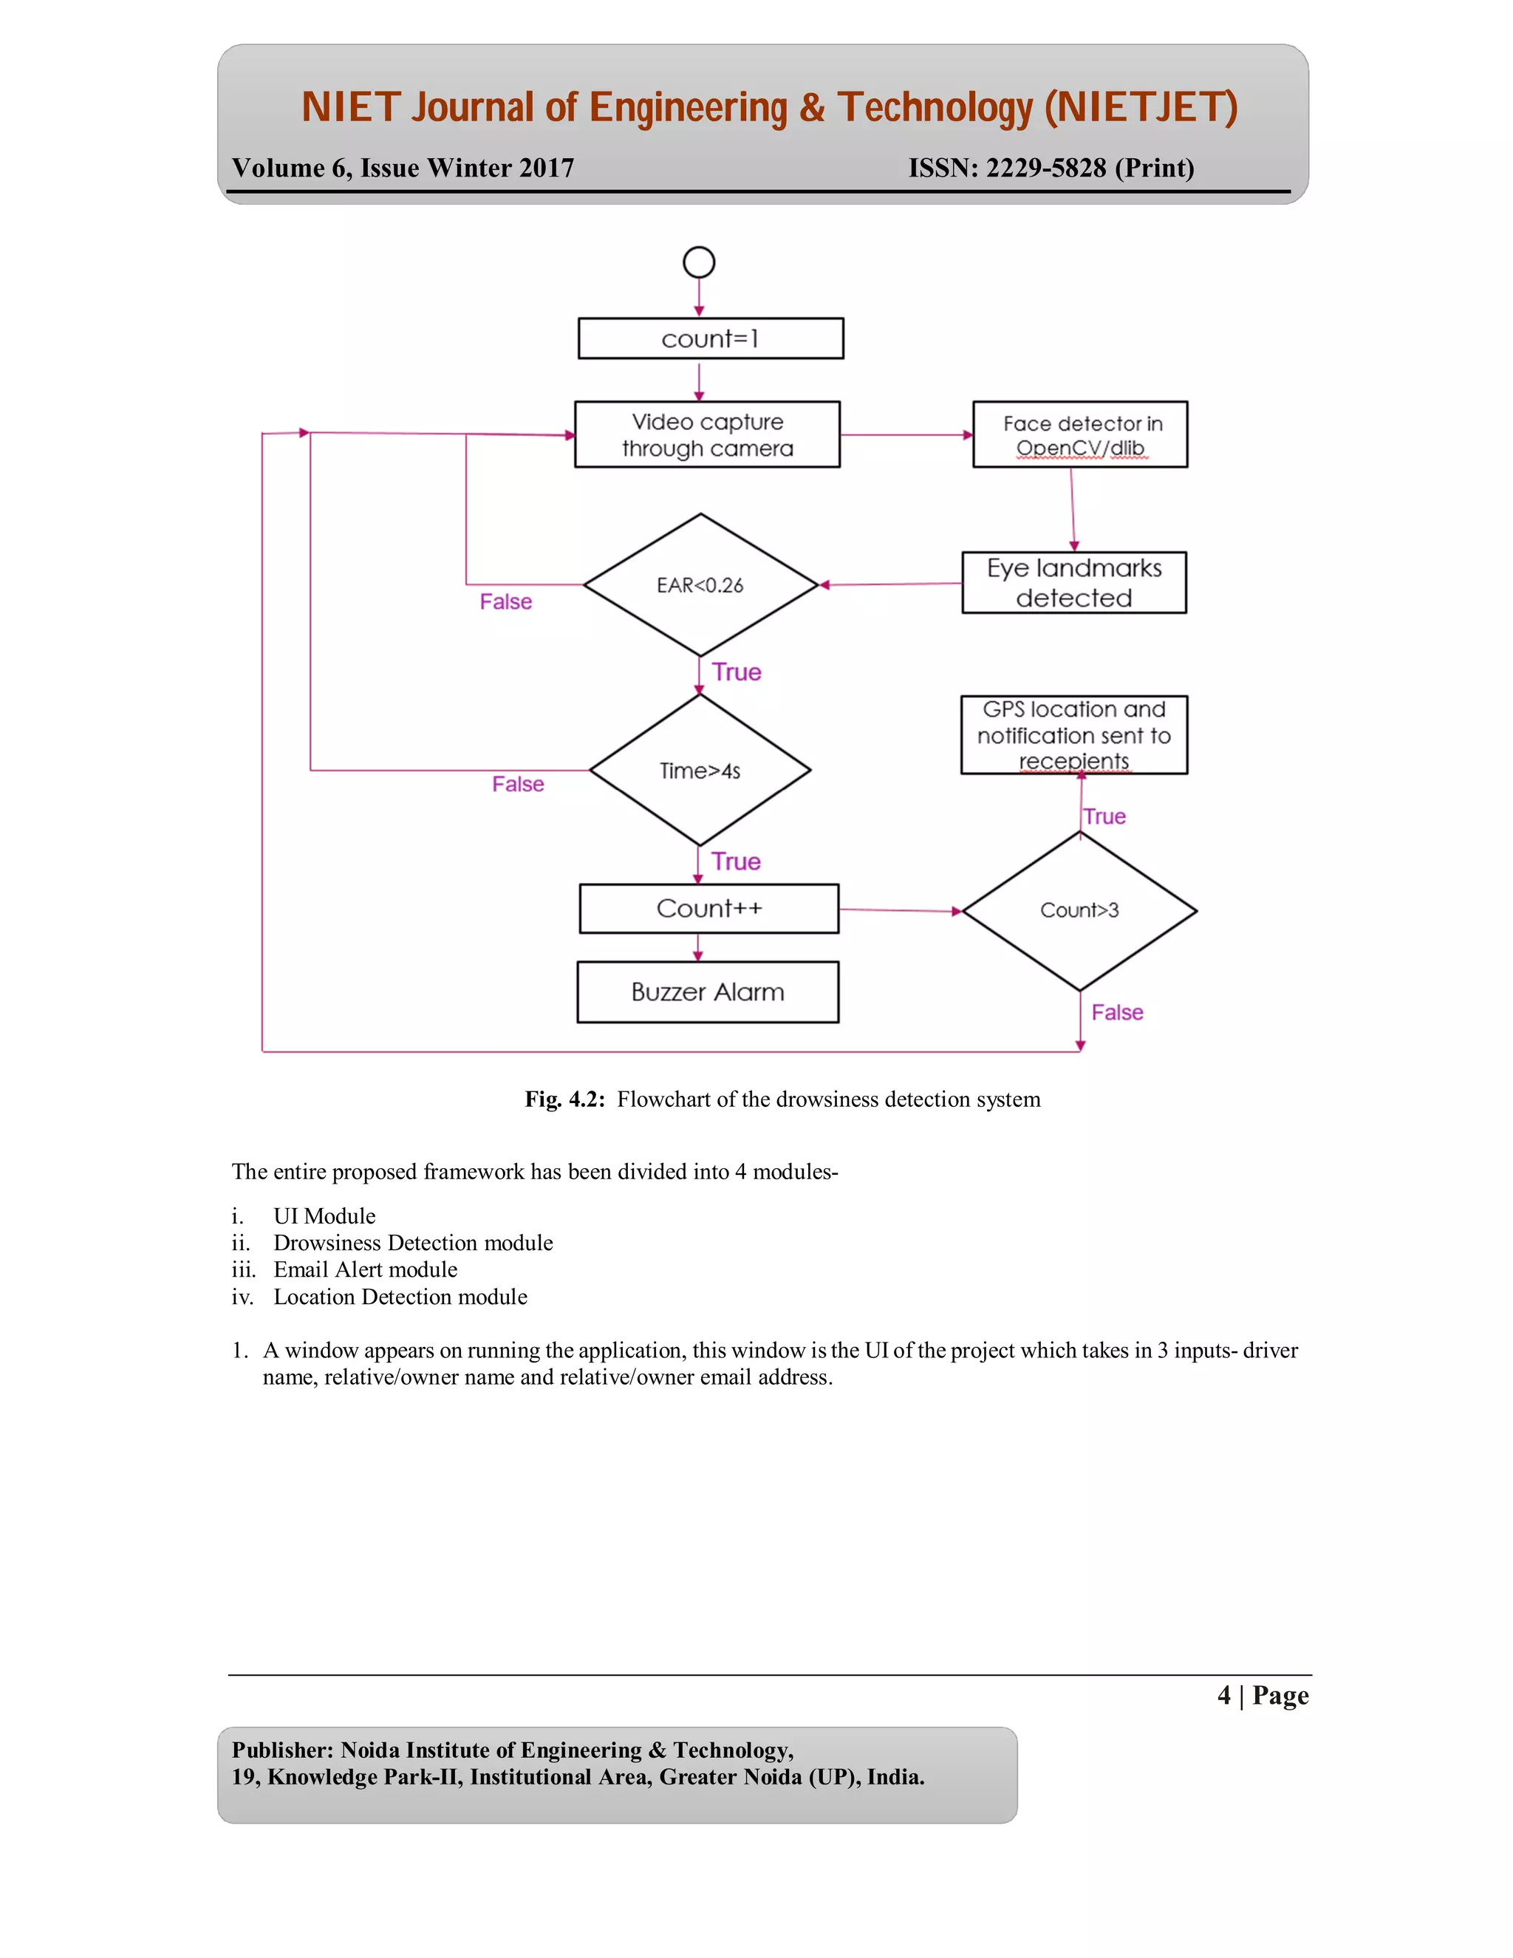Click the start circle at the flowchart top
[x=698, y=263]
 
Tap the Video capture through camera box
[x=707, y=434]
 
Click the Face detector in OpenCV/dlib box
[x=1080, y=434]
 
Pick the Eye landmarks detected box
[x=1073, y=583]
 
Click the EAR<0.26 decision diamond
[x=700, y=585]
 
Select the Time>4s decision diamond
[x=700, y=770]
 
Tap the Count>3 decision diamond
[x=1079, y=911]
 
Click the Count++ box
[x=709, y=909]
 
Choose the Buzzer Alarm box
[x=708, y=992]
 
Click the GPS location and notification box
[x=1073, y=735]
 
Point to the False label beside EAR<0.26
[x=505, y=601]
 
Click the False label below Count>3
[x=1117, y=1012]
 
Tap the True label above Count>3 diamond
[x=1104, y=816]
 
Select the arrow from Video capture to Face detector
[x=905, y=434]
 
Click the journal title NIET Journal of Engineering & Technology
[x=769, y=108]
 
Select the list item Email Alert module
[x=365, y=1269]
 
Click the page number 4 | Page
[x=1262, y=1695]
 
